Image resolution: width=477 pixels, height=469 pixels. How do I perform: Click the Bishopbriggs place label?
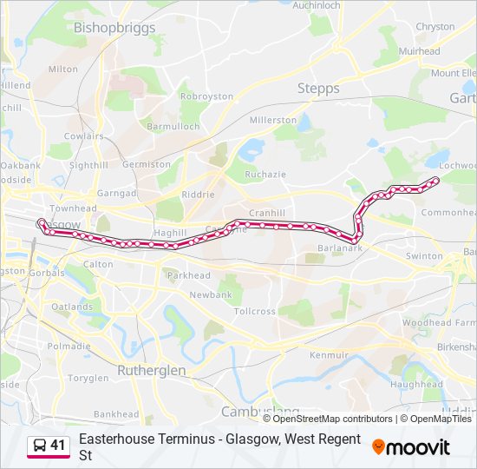pyautogui.click(x=114, y=28)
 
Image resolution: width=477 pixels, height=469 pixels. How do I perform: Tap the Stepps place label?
pyautogui.click(x=318, y=89)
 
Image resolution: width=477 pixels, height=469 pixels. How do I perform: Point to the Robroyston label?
pyautogui.click(x=206, y=97)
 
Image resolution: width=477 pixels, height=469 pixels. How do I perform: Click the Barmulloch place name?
pyautogui.click(x=173, y=126)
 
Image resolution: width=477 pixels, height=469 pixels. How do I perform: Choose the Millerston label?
pyautogui.click(x=272, y=120)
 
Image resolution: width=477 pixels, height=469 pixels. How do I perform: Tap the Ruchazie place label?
pyautogui.click(x=265, y=174)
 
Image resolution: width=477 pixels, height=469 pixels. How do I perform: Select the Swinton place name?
pyautogui.click(x=424, y=256)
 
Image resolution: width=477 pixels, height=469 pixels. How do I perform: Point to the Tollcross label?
pyautogui.click(x=254, y=311)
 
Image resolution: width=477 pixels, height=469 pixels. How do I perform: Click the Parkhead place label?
pyautogui.click(x=188, y=275)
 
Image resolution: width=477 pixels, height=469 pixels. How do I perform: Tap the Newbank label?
pyautogui.click(x=211, y=295)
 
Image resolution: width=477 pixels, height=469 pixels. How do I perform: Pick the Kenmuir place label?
pyautogui.click(x=329, y=355)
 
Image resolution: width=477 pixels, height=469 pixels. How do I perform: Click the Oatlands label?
pyautogui.click(x=72, y=307)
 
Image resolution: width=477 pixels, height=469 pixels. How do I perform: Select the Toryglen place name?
pyautogui.click(x=88, y=378)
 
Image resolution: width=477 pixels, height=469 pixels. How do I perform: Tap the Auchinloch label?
pyautogui.click(x=316, y=4)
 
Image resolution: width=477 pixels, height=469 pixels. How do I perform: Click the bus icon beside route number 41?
pyautogui.click(x=39, y=446)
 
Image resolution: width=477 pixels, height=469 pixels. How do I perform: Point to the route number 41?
pyautogui.click(x=58, y=446)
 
